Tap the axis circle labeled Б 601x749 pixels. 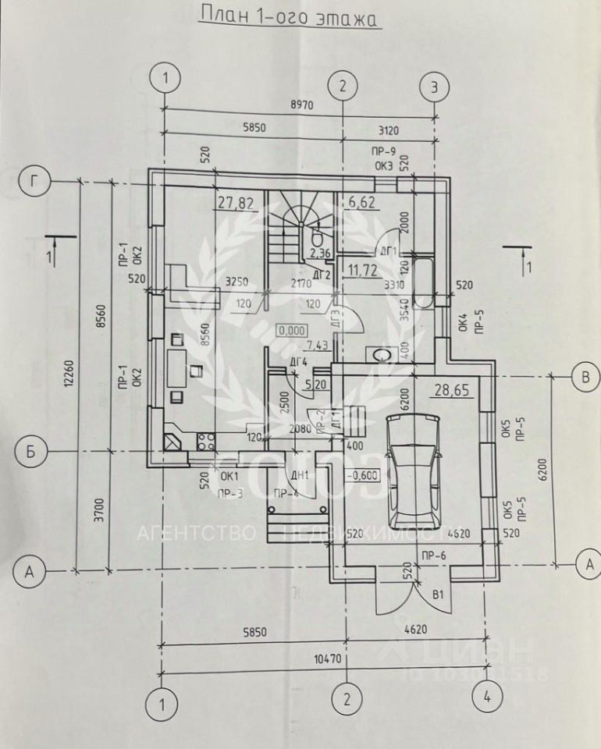pyautogui.click(x=29, y=452)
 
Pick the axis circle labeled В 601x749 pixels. pyautogui.click(x=583, y=376)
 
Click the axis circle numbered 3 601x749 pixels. pyautogui.click(x=435, y=87)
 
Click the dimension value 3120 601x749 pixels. pyautogui.click(x=388, y=131)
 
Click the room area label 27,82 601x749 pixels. pyautogui.click(x=236, y=204)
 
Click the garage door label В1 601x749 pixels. pyautogui.click(x=439, y=595)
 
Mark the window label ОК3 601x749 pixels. pyautogui.click(x=382, y=165)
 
